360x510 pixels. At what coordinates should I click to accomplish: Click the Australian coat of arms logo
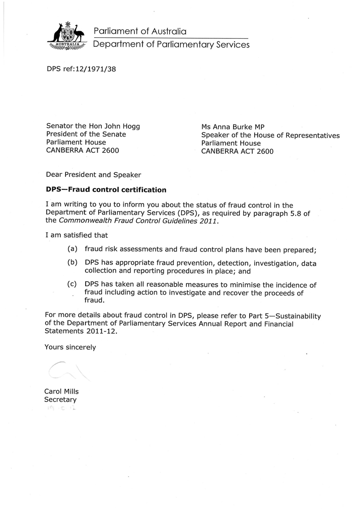point(67,35)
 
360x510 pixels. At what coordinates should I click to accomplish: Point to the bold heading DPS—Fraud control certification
point(106,190)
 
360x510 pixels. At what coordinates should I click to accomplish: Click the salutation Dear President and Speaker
point(93,175)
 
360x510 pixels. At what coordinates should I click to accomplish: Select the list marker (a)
point(72,249)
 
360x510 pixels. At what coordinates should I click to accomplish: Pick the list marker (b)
point(72,263)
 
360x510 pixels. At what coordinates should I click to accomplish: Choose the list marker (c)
point(72,284)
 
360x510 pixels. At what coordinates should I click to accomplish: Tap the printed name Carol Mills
point(61,391)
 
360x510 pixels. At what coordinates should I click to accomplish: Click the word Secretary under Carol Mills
point(60,400)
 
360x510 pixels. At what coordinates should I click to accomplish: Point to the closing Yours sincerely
point(69,347)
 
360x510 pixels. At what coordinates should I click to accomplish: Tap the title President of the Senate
point(86,134)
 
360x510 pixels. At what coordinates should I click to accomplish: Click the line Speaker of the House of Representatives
point(270,135)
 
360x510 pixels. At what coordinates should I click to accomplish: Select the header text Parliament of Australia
point(140,31)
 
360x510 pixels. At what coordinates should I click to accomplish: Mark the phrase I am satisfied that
point(76,235)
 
